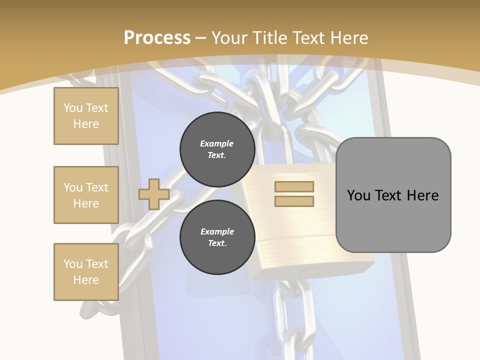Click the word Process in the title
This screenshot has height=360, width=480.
pyautogui.click(x=157, y=38)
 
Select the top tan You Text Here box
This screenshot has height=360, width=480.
pyautogui.click(x=86, y=116)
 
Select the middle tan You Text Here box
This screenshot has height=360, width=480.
pyautogui.click(x=86, y=195)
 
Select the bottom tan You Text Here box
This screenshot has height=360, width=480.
pyautogui.click(x=86, y=272)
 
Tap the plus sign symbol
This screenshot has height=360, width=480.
pyautogui.click(x=153, y=194)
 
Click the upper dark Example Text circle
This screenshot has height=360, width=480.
pyautogui.click(x=217, y=149)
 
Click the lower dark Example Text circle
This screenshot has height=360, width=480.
pyautogui.click(x=217, y=237)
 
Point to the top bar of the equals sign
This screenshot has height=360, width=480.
pyautogui.click(x=294, y=186)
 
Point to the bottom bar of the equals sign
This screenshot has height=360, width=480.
pyautogui.click(x=294, y=201)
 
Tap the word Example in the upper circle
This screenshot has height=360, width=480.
pyautogui.click(x=217, y=143)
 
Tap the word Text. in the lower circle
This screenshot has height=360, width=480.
pyautogui.click(x=217, y=243)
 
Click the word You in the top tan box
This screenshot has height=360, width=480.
pyautogui.click(x=72, y=108)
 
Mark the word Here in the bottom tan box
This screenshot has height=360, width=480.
pyautogui.click(x=86, y=280)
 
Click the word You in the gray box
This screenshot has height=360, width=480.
pyautogui.click(x=359, y=195)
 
